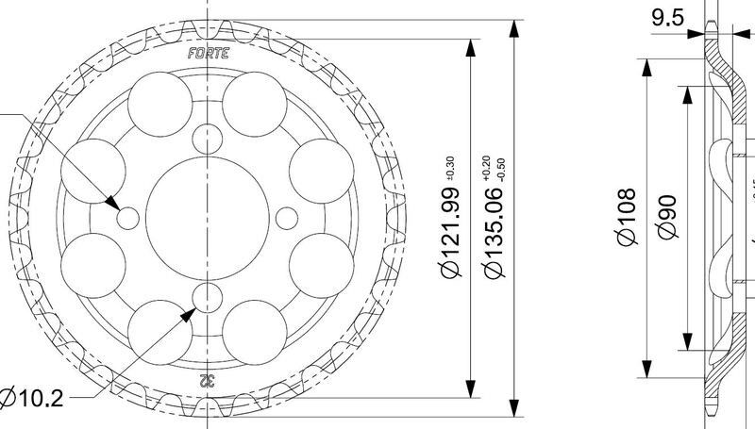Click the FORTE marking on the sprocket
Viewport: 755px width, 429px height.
click(x=207, y=54)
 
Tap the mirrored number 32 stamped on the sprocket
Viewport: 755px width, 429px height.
click(x=207, y=381)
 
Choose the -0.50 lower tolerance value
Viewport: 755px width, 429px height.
click(x=501, y=168)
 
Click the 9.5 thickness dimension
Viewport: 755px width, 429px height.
click(x=667, y=19)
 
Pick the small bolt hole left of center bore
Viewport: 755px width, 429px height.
click(x=128, y=218)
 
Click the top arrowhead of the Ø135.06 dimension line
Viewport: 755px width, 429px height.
click(x=513, y=26)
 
